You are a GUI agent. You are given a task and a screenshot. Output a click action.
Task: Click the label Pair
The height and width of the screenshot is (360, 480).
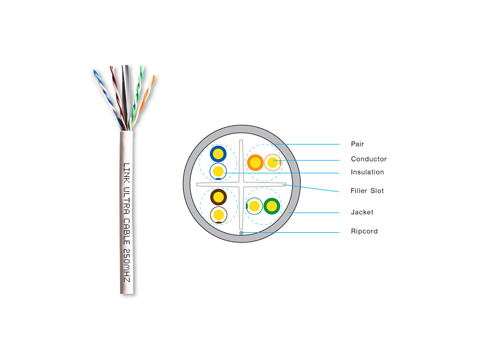357,144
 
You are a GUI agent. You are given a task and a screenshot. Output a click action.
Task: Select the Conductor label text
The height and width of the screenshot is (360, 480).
368,159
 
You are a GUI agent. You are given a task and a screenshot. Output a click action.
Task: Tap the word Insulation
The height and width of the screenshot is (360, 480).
367,172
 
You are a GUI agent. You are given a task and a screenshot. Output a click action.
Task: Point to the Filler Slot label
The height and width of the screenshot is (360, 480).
367,191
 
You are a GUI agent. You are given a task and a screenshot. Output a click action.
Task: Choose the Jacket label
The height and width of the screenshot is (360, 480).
362,212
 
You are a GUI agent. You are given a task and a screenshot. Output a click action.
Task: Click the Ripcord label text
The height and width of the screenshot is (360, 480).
364,231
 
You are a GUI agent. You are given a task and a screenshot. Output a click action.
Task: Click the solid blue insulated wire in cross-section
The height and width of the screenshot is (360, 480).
218,154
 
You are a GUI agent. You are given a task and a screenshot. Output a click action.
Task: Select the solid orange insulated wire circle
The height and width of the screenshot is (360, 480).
256,162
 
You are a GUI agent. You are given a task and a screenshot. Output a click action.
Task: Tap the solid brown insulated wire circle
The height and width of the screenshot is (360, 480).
218,197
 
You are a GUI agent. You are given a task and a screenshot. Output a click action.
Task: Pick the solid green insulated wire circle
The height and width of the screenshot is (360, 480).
272,206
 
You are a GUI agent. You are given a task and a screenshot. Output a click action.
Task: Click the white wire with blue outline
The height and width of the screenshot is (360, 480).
218,171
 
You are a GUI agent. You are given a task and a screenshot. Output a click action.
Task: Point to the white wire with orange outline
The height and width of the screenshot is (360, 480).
272,162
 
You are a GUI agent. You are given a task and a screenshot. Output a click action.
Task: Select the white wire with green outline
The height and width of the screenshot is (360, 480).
254,206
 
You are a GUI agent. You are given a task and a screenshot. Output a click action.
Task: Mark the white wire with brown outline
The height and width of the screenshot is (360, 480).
218,215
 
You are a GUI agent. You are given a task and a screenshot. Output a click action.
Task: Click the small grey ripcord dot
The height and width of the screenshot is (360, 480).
241,233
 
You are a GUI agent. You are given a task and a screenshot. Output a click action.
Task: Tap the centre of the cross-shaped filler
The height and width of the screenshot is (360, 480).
241,184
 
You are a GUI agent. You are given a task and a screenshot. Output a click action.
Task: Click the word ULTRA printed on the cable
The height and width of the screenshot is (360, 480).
127,200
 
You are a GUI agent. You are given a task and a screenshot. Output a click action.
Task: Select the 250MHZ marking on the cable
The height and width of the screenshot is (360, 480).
127,265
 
